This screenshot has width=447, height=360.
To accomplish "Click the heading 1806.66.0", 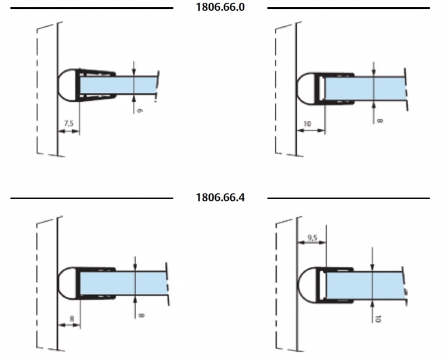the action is (220, 7).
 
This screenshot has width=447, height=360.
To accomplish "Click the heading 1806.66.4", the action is (220, 197).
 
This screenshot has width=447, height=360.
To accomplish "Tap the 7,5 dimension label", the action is (69, 123).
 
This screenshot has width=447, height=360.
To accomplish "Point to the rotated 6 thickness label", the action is (139, 110).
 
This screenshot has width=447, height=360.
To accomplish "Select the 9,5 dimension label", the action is (313, 237).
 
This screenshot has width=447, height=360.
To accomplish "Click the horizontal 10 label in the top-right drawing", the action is (307, 124).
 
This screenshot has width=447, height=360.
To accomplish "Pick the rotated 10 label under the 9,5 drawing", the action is (378, 319).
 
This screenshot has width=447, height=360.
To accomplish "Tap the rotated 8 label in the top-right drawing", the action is (380, 121).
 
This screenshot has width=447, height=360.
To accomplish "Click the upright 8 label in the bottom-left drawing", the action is (72, 318).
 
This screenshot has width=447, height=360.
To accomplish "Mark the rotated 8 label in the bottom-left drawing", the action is (141, 315).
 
